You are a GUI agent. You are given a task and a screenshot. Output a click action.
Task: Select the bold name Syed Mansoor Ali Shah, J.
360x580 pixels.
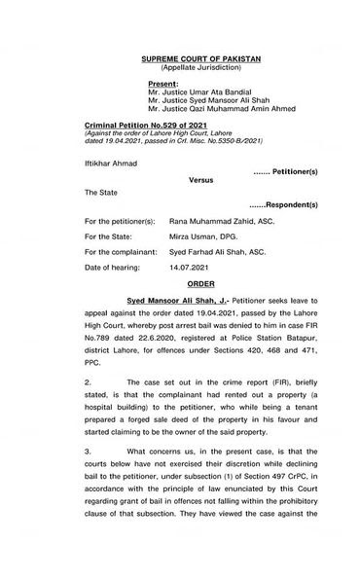(155, 303)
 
